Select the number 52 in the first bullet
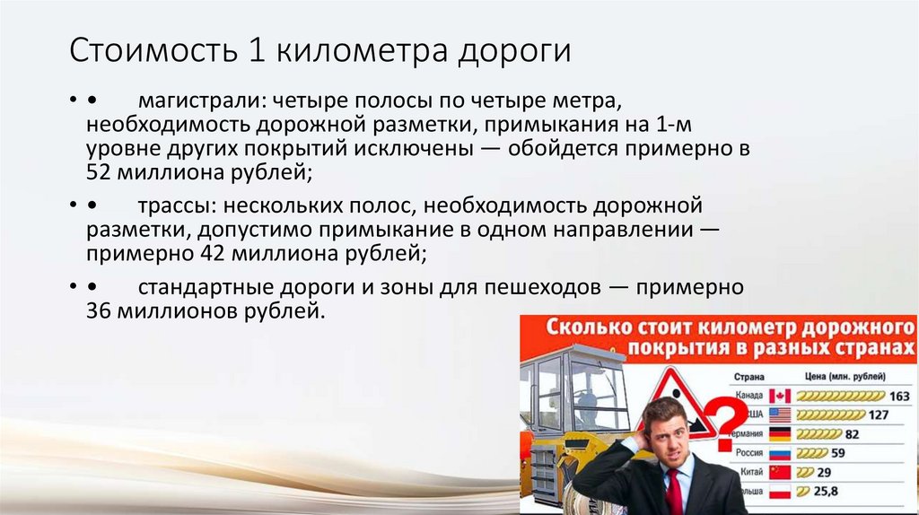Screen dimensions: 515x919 [x=98, y=172]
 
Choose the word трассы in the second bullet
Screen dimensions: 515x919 [x=170, y=206]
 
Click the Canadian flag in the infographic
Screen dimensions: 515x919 [x=780, y=396]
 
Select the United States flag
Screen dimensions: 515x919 [x=780, y=415]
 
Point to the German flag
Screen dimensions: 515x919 [x=780, y=433]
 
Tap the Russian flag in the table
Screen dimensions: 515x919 [x=780, y=452]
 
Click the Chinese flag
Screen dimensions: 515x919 [x=780, y=472]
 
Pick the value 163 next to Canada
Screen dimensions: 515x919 [x=899, y=396]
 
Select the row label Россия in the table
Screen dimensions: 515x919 [x=748, y=453]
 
